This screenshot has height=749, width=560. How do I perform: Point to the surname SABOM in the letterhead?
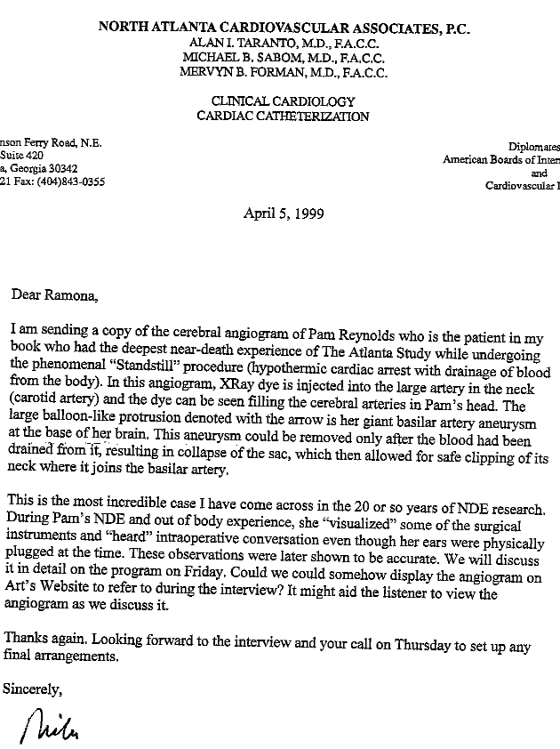259,58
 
